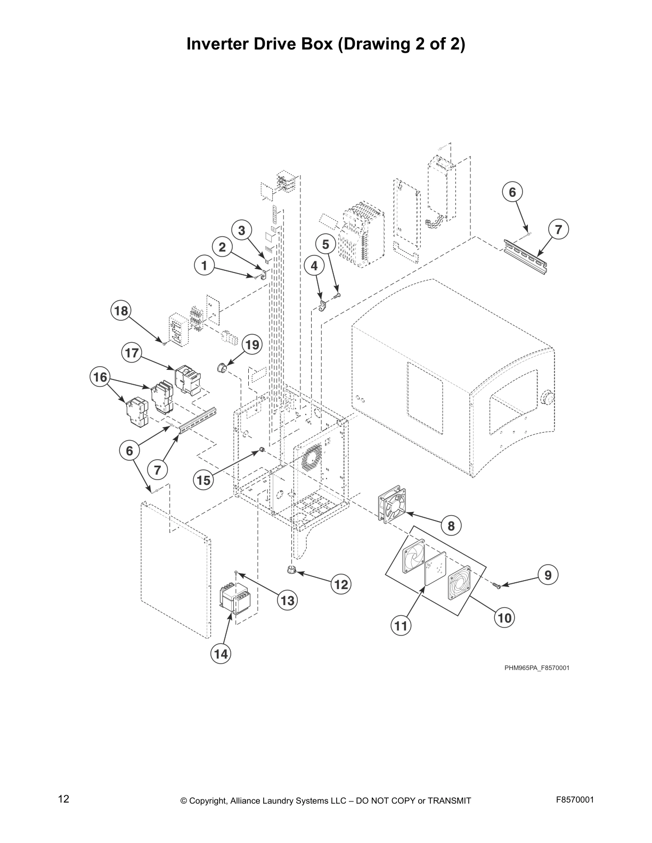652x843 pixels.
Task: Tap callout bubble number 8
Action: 451,526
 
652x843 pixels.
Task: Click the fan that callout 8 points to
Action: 394,503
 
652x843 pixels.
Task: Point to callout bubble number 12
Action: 341,585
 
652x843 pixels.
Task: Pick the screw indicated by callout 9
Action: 497,585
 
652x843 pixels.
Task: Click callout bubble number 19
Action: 252,345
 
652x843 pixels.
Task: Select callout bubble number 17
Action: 132,352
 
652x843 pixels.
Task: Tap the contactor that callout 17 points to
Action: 188,378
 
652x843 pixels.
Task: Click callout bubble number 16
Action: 100,377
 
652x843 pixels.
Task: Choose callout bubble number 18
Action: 121,310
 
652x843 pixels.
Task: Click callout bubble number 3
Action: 242,230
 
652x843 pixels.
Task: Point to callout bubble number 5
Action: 326,244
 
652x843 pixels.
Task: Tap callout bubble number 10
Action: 504,617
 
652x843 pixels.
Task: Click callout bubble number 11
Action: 401,626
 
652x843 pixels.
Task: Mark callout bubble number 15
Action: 203,481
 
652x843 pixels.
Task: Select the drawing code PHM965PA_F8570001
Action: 536,667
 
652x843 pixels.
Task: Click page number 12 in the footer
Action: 63,799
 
